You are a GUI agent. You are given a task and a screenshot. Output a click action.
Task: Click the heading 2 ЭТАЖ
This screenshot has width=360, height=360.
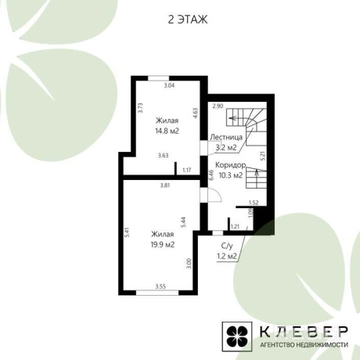[188, 20]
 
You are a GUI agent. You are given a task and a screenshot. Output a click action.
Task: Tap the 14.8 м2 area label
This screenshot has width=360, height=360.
[167, 131]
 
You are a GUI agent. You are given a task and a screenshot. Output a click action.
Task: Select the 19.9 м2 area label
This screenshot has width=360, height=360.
[163, 245]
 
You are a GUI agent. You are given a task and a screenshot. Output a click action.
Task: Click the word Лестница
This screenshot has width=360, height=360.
[226, 137]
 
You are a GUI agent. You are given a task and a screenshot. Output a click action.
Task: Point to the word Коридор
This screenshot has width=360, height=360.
[231, 165]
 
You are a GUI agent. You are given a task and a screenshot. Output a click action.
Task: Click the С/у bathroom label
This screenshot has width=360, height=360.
[226, 246]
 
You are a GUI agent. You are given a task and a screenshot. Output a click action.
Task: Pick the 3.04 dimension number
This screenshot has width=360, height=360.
[169, 85]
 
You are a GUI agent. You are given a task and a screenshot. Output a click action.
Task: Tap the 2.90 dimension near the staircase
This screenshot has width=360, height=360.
[218, 106]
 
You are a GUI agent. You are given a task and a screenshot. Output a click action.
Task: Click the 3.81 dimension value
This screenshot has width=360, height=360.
[165, 185]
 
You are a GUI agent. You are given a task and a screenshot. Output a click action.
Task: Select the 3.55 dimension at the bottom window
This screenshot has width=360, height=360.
[160, 286]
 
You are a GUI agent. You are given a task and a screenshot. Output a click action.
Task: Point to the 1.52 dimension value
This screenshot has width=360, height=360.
[254, 203]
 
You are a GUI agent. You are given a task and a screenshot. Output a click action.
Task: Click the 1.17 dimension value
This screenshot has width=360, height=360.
[187, 171]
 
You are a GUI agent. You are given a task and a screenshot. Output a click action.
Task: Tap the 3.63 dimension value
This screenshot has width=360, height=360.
[164, 156]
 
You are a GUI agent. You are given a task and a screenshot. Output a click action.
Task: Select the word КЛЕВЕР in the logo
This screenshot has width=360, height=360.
[304, 332]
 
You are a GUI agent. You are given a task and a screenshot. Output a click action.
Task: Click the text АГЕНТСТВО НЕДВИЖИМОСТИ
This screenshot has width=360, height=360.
[304, 344]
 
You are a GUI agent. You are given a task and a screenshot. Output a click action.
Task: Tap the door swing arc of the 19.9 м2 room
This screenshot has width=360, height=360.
[218, 193]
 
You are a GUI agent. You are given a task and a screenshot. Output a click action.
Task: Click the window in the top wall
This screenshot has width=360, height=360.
[159, 78]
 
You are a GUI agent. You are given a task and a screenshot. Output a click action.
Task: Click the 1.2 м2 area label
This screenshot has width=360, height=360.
[227, 257]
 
